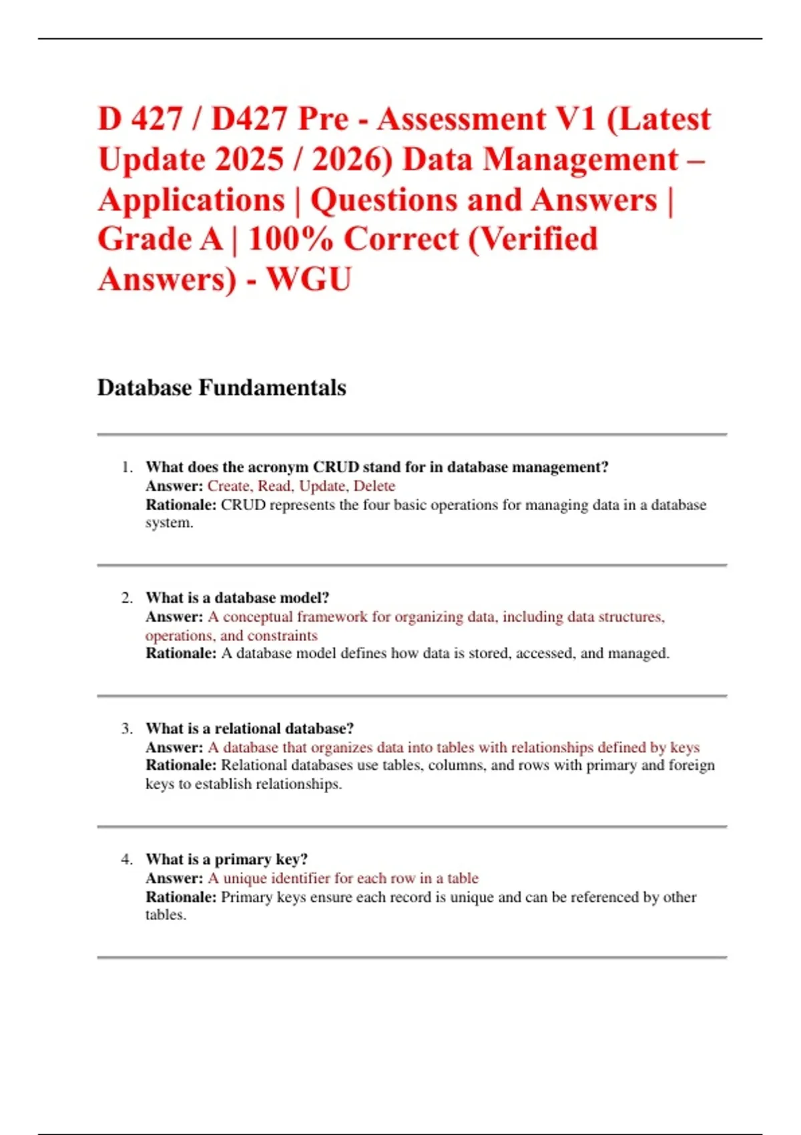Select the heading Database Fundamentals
point(222,388)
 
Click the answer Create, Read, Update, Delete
point(301,486)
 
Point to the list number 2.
point(127,598)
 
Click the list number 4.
point(127,860)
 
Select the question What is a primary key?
point(227,860)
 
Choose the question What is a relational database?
point(250,729)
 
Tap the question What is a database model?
point(238,598)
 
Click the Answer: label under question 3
point(174,748)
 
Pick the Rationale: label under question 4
point(181,897)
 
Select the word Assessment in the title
point(461,120)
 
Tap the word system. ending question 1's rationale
point(170,523)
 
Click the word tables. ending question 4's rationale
point(166,915)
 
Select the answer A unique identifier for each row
point(343,879)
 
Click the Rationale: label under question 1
point(181,505)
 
